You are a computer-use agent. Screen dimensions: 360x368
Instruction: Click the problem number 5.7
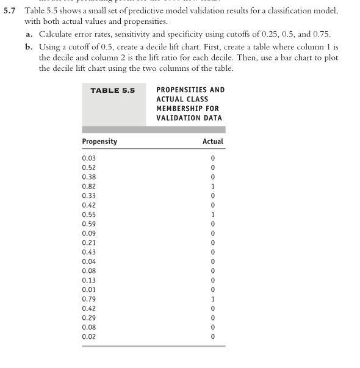(x=10, y=12)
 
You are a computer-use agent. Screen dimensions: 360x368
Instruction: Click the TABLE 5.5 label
(x=112, y=90)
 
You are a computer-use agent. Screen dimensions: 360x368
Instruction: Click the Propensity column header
(x=99, y=142)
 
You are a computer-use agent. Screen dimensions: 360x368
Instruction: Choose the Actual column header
(x=212, y=142)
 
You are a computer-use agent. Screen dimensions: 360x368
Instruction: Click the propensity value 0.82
(x=88, y=186)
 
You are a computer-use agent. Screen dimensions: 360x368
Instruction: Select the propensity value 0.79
(x=88, y=299)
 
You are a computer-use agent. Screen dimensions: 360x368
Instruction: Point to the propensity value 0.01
(x=88, y=289)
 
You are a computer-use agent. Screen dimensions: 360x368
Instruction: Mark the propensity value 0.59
(x=88, y=224)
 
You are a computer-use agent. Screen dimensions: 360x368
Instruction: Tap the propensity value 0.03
(x=88, y=158)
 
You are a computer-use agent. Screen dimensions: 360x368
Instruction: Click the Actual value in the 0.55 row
(x=213, y=214)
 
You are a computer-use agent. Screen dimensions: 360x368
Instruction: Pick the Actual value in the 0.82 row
(x=213, y=186)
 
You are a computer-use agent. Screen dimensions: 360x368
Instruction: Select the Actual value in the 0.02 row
(x=213, y=336)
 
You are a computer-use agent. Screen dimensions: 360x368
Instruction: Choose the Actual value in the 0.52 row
(x=213, y=167)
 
